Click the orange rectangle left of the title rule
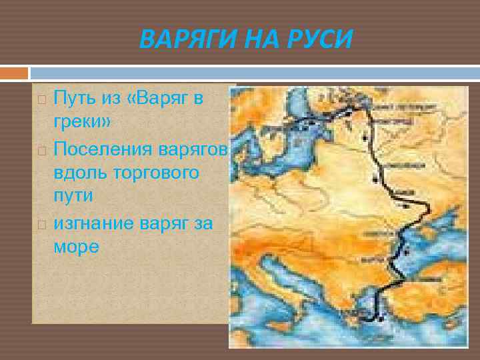tap(14, 72)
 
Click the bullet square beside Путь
tap(41, 100)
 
